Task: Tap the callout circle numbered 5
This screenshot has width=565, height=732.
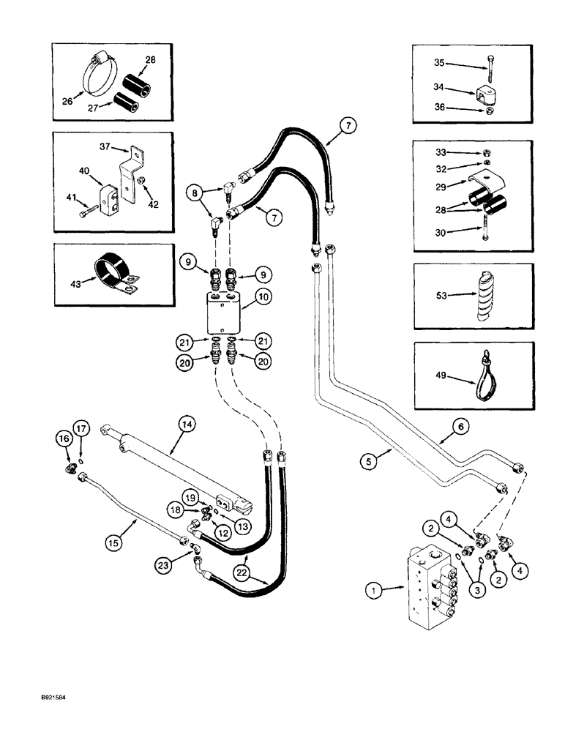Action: click(x=370, y=461)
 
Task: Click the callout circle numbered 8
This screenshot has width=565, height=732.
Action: click(x=195, y=194)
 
